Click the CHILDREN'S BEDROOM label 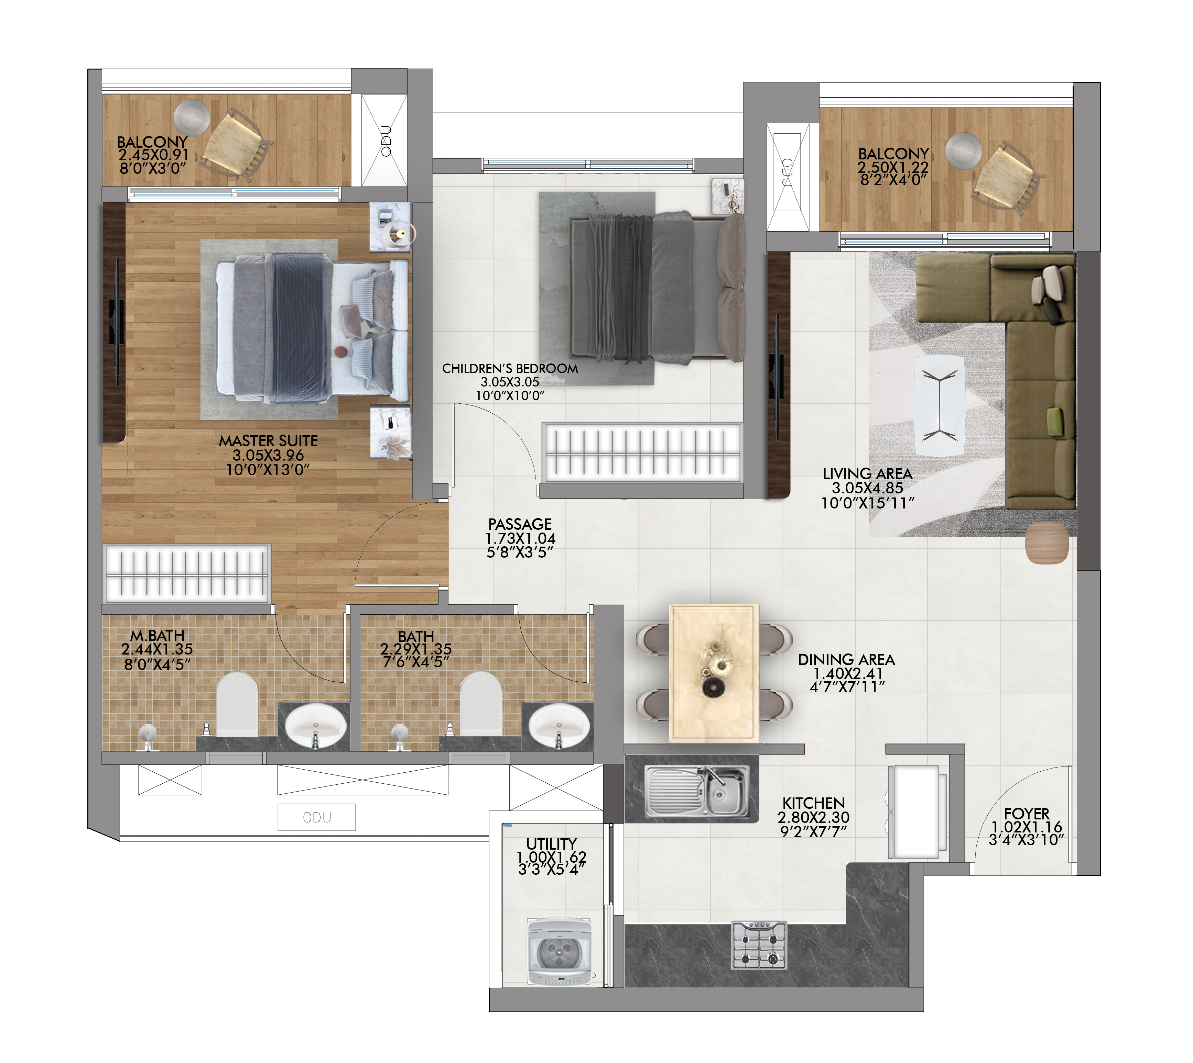pos(510,369)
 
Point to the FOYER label pos(1027,814)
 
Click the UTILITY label pos(551,843)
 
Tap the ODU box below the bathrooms pos(317,817)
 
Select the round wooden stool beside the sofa pos(1047,542)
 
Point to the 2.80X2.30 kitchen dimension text pos(813,817)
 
